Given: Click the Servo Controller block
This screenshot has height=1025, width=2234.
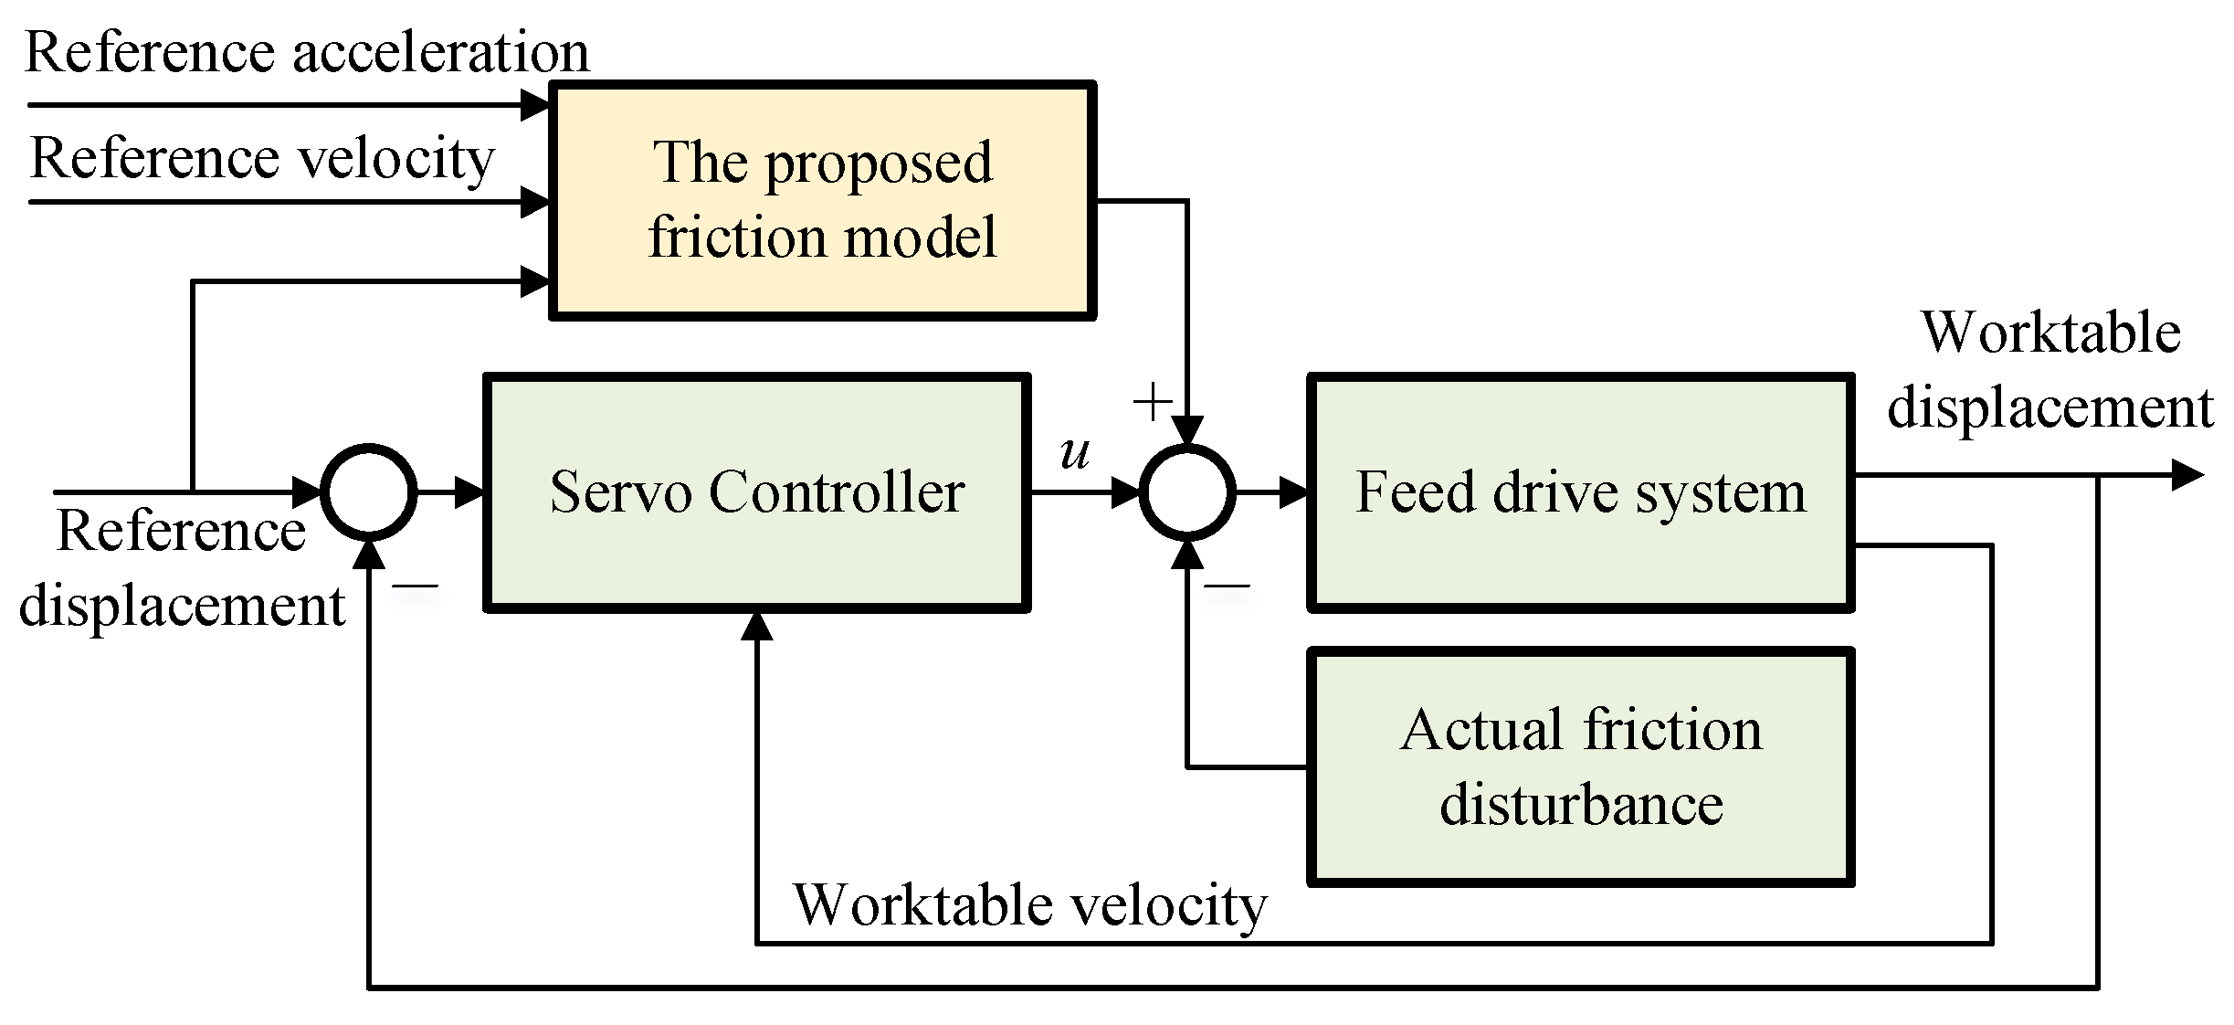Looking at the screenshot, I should pos(756,492).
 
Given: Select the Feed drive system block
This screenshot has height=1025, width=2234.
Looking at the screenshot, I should pos(1580,492).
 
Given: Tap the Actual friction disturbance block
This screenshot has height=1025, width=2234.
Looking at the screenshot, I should pos(1580,767).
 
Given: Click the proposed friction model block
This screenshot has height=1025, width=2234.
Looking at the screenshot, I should pos(822,200).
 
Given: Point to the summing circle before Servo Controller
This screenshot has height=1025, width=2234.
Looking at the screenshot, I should pos(370,492).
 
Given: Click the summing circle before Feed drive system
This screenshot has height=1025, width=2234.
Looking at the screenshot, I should pos(1187,492).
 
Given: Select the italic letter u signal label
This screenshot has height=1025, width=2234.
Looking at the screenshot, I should pos(1075,452).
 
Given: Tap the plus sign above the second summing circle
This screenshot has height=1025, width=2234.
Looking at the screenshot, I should pos(1152,402).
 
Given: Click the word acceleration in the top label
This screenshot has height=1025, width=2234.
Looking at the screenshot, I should pos(440,52).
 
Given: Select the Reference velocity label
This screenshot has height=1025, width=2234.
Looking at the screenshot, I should pos(262,159).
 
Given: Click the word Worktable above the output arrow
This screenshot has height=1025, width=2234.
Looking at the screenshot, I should pos(2051,333).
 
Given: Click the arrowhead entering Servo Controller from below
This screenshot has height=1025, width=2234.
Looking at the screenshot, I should pos(757,626).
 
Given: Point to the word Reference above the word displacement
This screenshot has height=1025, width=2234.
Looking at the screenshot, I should pos(180,531).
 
